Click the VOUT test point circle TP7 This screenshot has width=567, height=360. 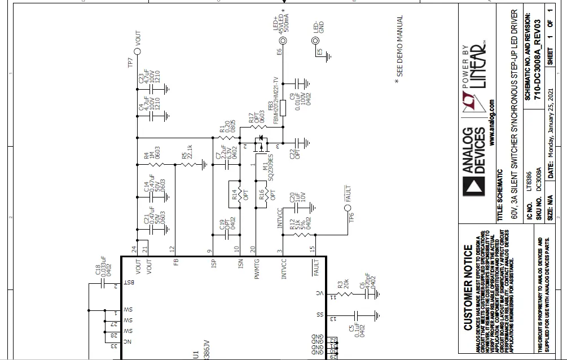pyautogui.click(x=137, y=50)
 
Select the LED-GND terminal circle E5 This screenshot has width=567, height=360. pyautogui.click(x=315, y=41)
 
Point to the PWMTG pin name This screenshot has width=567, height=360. pyautogui.click(x=257, y=269)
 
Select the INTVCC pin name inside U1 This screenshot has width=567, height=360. pyautogui.click(x=284, y=269)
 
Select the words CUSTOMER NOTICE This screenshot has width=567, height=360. pyautogui.click(x=468, y=287)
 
